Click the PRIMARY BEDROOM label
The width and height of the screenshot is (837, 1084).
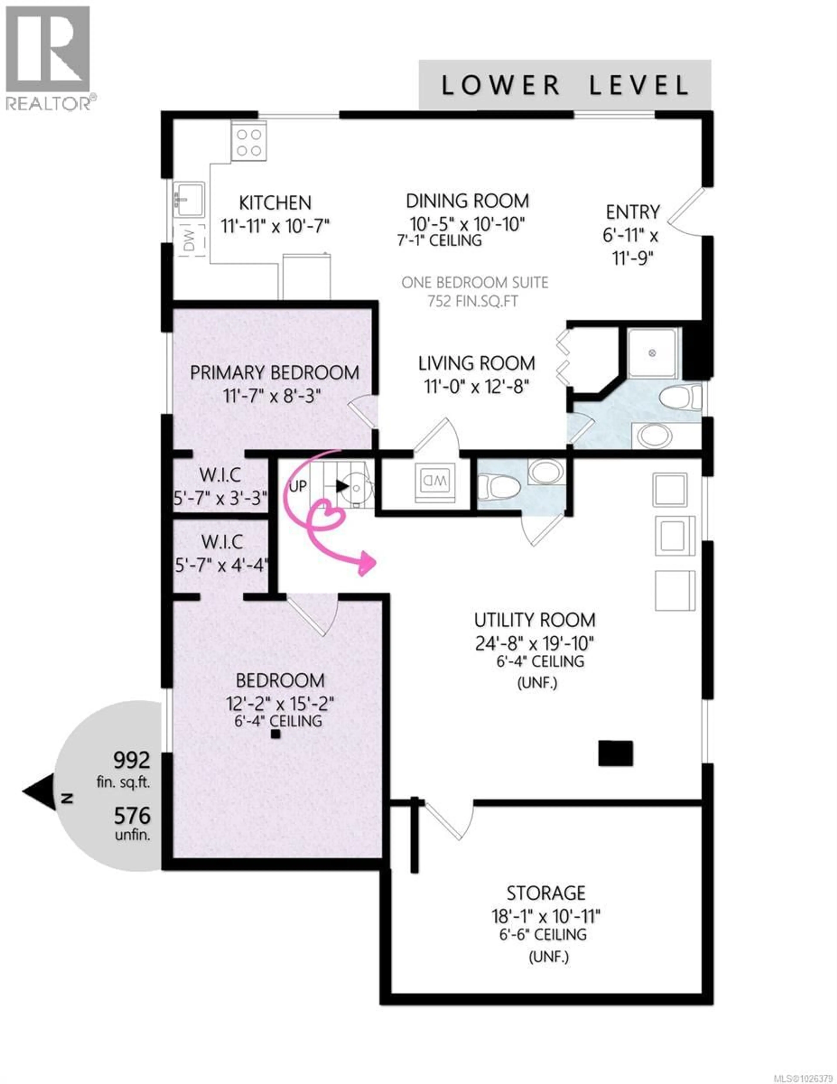pyautogui.click(x=274, y=373)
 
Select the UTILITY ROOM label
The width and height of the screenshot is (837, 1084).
pyautogui.click(x=534, y=620)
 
